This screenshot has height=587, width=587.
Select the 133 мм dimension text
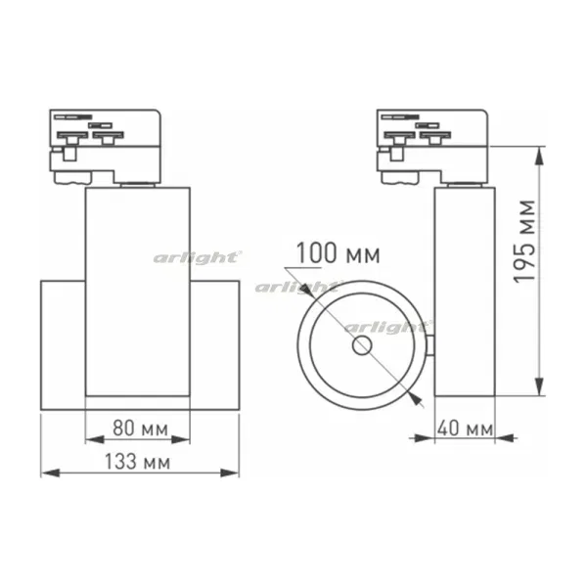[x=137, y=461]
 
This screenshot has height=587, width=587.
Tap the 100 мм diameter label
[x=339, y=253]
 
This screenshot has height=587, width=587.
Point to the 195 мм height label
[x=524, y=242]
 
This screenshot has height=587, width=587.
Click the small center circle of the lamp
[x=362, y=345]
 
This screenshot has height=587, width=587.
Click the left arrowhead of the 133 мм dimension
[x=50, y=473]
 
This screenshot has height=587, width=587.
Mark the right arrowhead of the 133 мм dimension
[x=230, y=473]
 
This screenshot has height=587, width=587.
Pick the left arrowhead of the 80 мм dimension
[x=95, y=439]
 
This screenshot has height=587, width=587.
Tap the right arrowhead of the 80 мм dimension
[x=180, y=439]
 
